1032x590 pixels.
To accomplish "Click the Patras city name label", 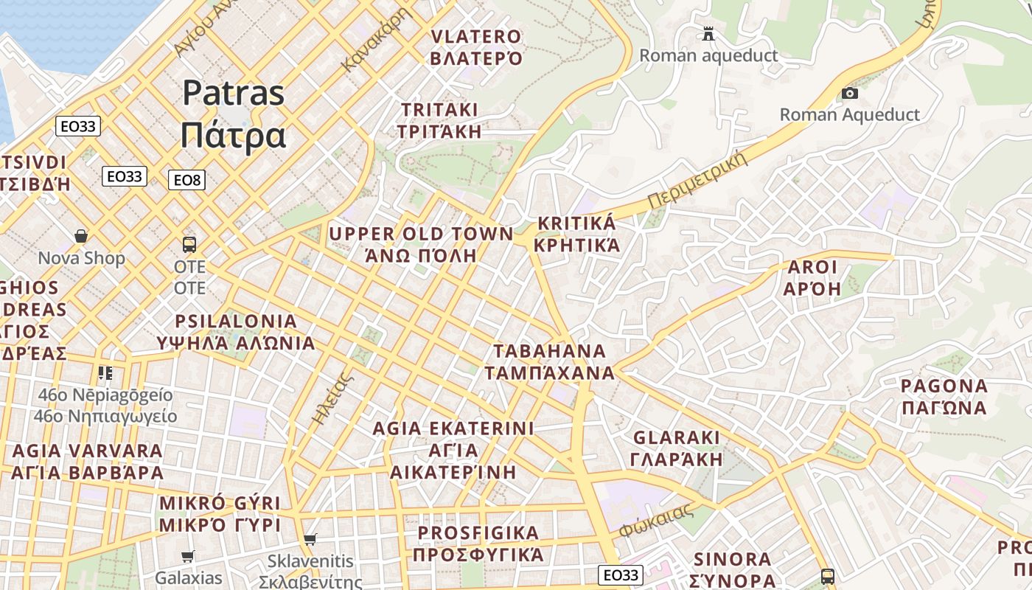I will [x=233, y=114].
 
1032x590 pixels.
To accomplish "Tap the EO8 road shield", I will [x=186, y=180].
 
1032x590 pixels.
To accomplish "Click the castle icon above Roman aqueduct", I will [x=708, y=33].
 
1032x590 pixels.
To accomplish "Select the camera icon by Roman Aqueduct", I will [x=850, y=94].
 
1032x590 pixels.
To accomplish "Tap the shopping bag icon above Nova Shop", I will [x=81, y=237].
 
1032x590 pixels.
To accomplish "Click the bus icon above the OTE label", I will [x=189, y=244].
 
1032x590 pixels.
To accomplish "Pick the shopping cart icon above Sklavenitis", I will [x=310, y=540].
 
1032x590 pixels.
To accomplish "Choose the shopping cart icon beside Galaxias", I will [x=188, y=557].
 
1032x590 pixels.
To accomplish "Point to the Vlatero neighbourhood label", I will [x=476, y=47].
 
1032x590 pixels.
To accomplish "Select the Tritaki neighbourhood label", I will [x=440, y=120].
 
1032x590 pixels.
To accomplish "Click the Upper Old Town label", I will [x=421, y=245].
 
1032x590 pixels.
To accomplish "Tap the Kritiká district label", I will [x=576, y=234].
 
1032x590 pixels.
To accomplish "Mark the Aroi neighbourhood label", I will [x=812, y=277].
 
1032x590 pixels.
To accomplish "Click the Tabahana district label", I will [x=550, y=361].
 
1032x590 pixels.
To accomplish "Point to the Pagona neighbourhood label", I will [x=944, y=396].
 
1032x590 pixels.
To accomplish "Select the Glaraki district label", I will [x=677, y=448].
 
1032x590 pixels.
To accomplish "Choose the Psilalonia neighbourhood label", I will [x=236, y=332].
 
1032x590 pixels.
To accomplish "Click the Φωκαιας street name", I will [x=657, y=520].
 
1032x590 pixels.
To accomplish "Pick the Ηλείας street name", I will [x=330, y=398].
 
